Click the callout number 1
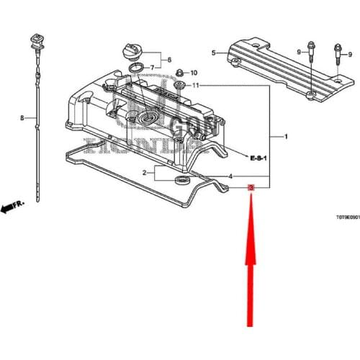(287, 137)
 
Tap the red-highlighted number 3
(250, 188)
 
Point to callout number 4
(230, 176)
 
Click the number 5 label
(213, 53)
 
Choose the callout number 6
(170, 59)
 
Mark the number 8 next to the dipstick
(22, 117)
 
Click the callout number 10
(193, 73)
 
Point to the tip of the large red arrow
(251, 198)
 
